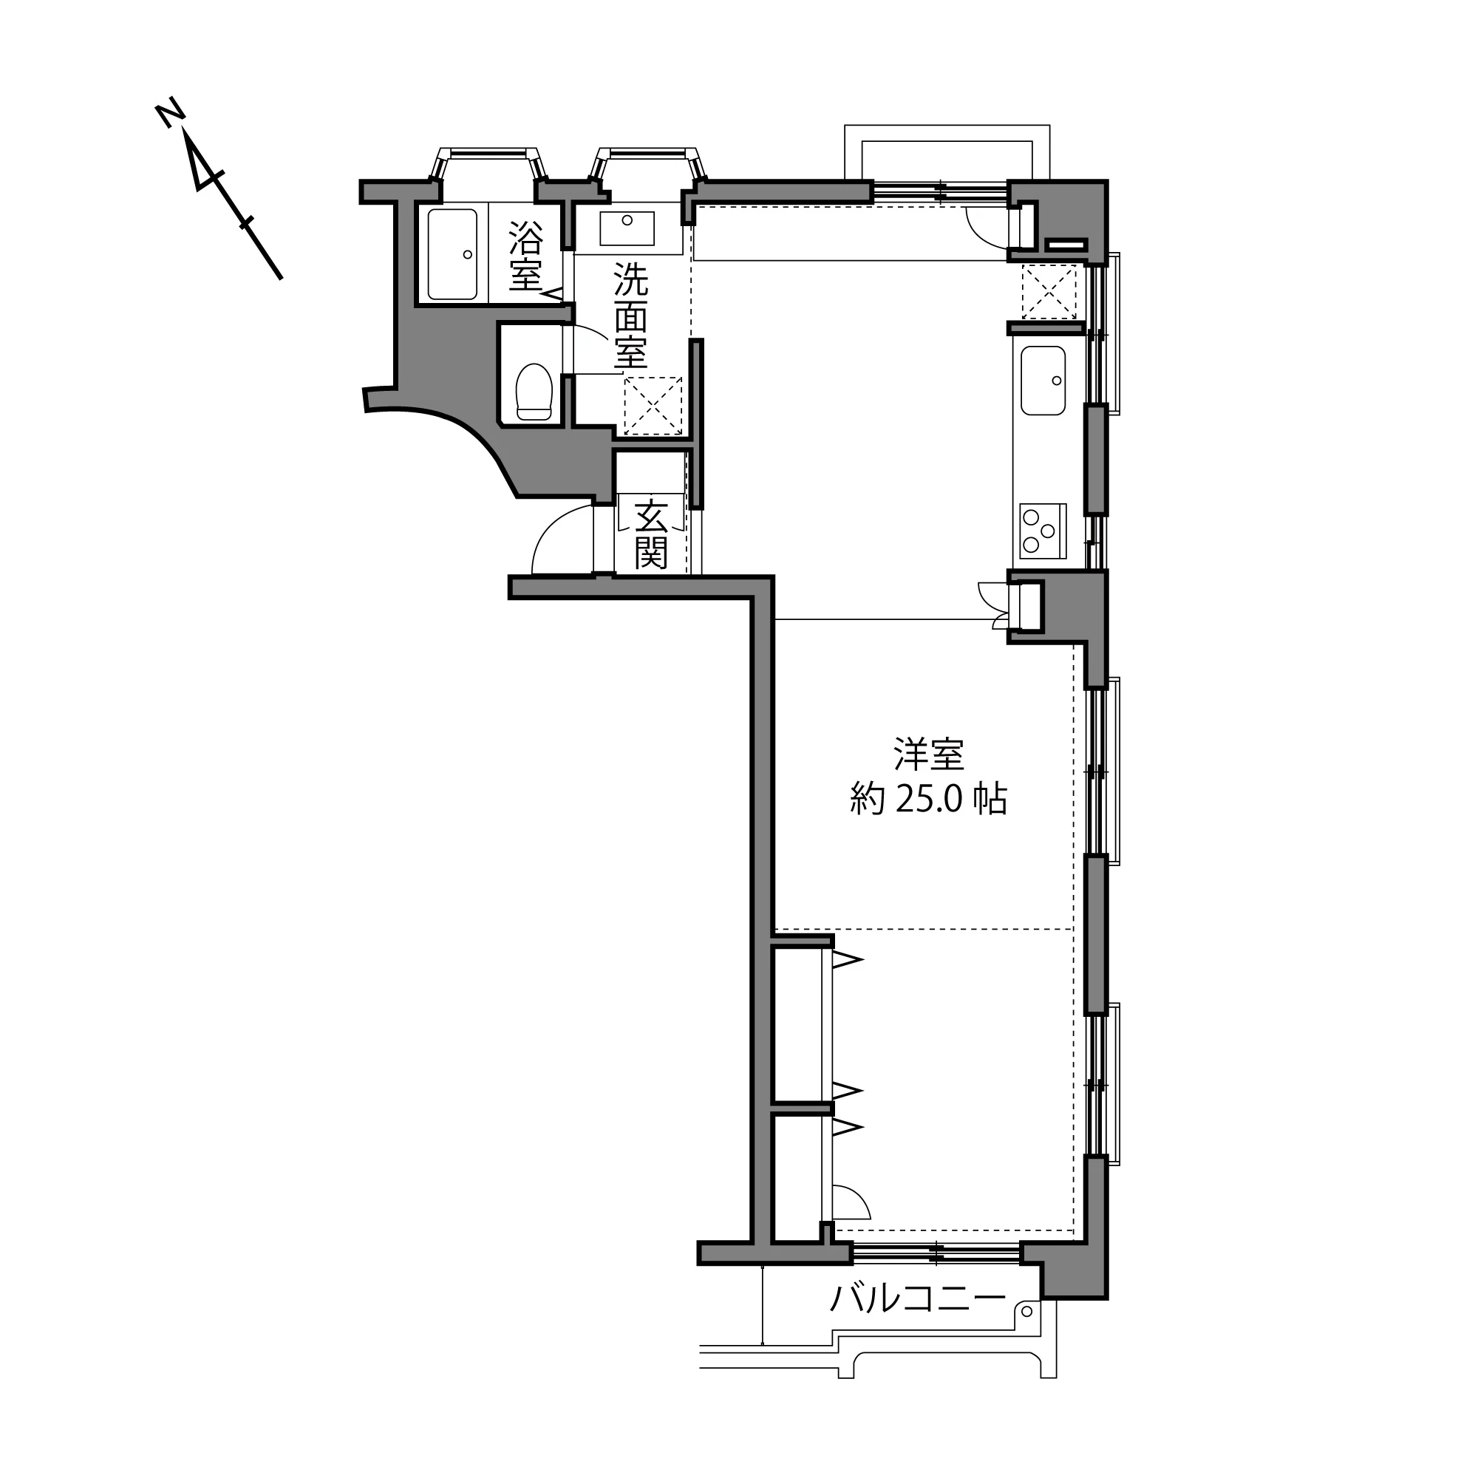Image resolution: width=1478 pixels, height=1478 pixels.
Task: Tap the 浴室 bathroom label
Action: (x=525, y=256)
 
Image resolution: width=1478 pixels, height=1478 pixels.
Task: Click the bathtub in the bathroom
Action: (x=452, y=254)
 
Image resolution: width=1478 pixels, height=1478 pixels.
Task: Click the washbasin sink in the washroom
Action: (x=627, y=228)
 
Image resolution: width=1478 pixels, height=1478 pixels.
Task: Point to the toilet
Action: (x=534, y=391)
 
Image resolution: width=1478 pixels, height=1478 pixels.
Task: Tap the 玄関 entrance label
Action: (x=651, y=535)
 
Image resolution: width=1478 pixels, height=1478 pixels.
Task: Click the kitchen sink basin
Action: (x=1043, y=380)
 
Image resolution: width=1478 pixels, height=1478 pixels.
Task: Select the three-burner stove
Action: (x=1042, y=530)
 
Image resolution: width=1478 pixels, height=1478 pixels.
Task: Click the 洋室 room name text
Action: (x=928, y=754)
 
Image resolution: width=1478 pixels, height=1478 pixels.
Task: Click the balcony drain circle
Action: (x=1026, y=1311)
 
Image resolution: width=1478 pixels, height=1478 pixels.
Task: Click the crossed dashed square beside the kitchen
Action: (x=1049, y=291)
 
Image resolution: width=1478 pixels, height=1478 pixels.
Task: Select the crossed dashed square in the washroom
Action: (x=653, y=406)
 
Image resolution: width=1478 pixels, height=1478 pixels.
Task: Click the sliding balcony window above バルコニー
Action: (x=936, y=1252)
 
